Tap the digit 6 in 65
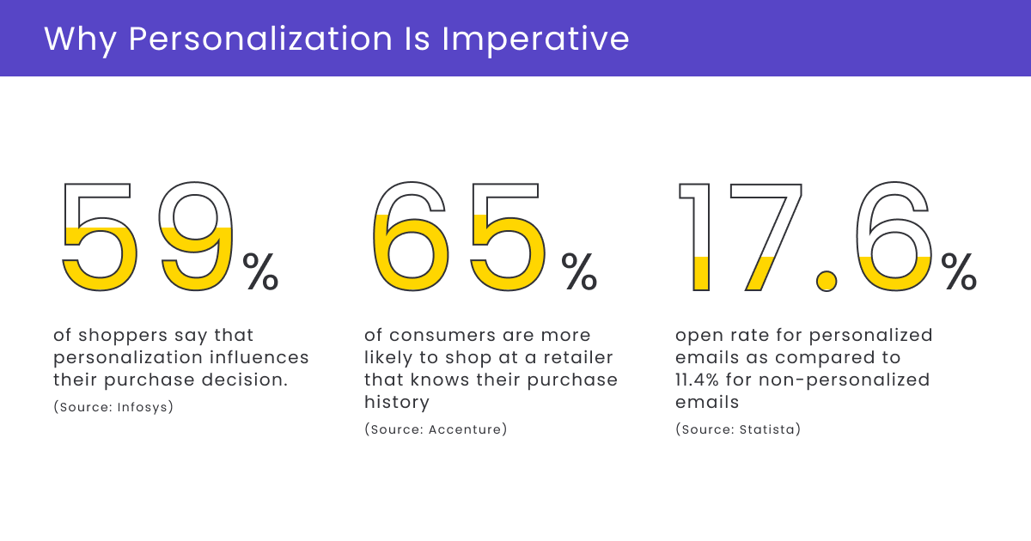(410, 236)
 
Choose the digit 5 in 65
(507, 236)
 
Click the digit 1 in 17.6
(698, 236)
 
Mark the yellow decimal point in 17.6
(827, 280)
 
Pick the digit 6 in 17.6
(894, 236)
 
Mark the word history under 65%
(396, 402)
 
